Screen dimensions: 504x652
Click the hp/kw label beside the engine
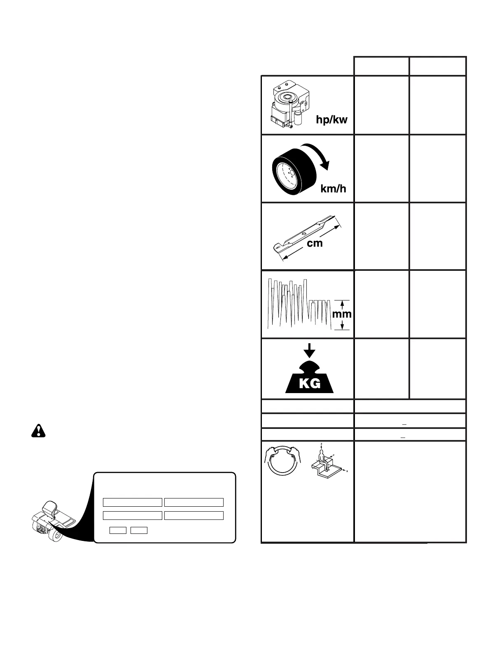[331, 120]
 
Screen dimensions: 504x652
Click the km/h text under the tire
[333, 189]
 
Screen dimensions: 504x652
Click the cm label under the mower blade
[315, 243]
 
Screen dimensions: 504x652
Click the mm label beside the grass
[342, 314]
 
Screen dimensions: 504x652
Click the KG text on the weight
[310, 384]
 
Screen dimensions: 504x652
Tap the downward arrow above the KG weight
[309, 351]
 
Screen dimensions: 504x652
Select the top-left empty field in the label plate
[132, 502]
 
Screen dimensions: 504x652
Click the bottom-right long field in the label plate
[194, 515]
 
